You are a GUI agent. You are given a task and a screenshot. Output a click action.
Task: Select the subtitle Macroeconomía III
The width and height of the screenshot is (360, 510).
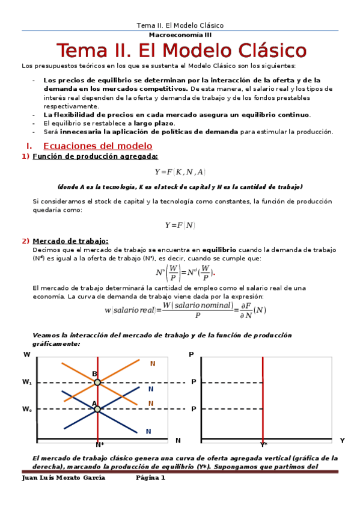(180, 35)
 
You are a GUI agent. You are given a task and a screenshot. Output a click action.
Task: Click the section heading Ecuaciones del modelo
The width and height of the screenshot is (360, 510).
(98, 146)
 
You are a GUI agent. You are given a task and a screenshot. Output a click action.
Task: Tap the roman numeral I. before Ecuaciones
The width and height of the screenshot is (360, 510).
(29, 146)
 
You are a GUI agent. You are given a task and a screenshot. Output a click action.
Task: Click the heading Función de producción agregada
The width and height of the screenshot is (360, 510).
(96, 157)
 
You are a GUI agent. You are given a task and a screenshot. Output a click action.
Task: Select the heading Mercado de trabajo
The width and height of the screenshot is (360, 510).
(70, 241)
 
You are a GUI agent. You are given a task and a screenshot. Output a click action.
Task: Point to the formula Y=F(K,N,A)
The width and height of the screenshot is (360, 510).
(180, 172)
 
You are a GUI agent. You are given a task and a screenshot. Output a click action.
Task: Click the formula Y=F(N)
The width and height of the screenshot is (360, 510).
(180, 225)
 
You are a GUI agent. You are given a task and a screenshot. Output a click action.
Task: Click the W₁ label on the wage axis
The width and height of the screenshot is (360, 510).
(27, 382)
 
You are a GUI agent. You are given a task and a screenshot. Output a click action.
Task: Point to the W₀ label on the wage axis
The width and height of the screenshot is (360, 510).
(27, 409)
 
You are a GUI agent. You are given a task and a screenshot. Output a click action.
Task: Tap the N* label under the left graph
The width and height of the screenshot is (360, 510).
(100, 445)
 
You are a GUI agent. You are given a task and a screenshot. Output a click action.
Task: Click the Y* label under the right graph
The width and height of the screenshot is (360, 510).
(263, 445)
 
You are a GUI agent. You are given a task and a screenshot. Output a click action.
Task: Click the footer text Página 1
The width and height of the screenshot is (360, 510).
(150, 478)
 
